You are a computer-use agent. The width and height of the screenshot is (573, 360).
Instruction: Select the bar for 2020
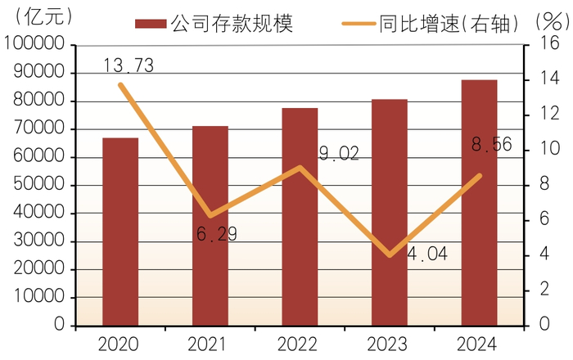[x=120, y=232]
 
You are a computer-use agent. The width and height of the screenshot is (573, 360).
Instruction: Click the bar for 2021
[x=210, y=226]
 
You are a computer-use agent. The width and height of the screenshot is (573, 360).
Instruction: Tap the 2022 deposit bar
[x=300, y=217]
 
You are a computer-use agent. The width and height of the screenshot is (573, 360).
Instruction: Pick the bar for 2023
[x=390, y=212]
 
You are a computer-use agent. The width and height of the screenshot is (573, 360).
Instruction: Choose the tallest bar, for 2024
[x=479, y=203]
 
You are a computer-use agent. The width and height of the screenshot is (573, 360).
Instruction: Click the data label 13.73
[x=129, y=65]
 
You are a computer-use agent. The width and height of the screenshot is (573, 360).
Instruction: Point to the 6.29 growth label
[x=217, y=234]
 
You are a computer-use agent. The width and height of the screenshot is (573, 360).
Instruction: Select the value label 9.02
[x=339, y=153]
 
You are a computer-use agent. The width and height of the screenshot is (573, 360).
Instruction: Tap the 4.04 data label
[x=427, y=254]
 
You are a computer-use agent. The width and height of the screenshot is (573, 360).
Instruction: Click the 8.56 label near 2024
[x=491, y=144]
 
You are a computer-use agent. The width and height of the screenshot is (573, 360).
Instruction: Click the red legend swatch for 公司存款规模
[x=151, y=24]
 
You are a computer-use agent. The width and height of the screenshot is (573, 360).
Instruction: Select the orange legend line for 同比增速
[x=359, y=24]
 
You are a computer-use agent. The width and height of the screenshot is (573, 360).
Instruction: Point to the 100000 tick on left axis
[x=34, y=43]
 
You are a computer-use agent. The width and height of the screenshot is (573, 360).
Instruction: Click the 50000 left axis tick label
[x=39, y=184]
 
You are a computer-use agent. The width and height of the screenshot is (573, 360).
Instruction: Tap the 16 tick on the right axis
[x=549, y=43]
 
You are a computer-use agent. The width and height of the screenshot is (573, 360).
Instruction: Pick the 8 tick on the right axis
[x=544, y=183]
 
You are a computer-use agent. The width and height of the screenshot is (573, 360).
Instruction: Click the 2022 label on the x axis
[x=297, y=344]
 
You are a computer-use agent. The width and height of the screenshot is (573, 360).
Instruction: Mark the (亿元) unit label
[x=43, y=16]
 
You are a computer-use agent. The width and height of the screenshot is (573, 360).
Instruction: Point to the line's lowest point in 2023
[x=390, y=254]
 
